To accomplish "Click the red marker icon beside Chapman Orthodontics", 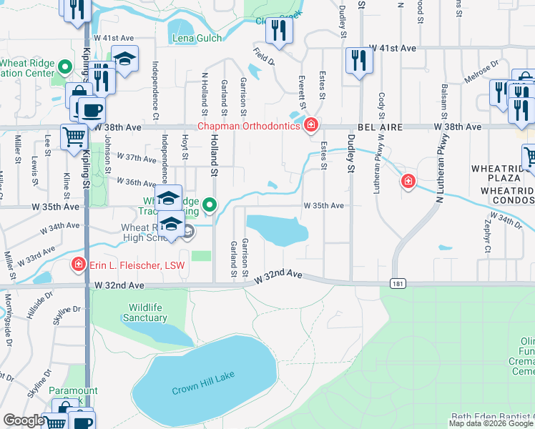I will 311,127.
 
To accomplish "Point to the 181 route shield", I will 398,284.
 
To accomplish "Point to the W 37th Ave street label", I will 136,157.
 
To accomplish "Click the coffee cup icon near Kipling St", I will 91,110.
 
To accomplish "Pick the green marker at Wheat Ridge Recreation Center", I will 65,68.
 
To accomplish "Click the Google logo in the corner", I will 24,420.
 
